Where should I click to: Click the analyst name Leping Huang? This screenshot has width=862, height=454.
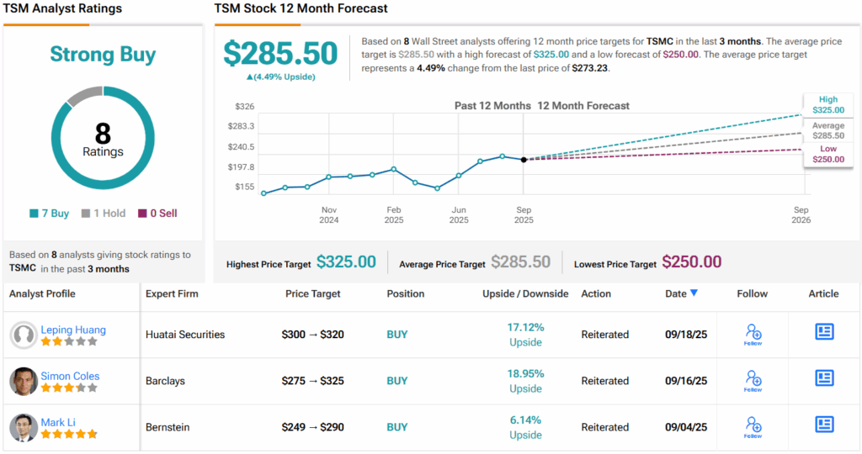pos(73,330)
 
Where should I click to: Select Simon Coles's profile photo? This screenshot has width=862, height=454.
pos(24,381)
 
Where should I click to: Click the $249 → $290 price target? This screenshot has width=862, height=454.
pos(312,427)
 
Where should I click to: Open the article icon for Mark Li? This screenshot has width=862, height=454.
pos(824,425)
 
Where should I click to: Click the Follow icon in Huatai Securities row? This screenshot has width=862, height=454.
pos(753,334)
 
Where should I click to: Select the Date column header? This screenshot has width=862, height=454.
pos(680,293)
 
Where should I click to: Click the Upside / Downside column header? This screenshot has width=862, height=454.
pos(525,293)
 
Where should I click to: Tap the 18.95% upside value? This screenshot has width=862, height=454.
pos(525,373)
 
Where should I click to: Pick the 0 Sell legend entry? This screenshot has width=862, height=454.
pos(157,214)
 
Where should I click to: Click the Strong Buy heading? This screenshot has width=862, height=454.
pos(103,55)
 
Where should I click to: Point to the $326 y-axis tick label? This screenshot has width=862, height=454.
pos(244,107)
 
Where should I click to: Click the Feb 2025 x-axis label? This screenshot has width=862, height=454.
pos(393,214)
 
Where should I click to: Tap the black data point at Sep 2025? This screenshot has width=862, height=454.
pos(524,159)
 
